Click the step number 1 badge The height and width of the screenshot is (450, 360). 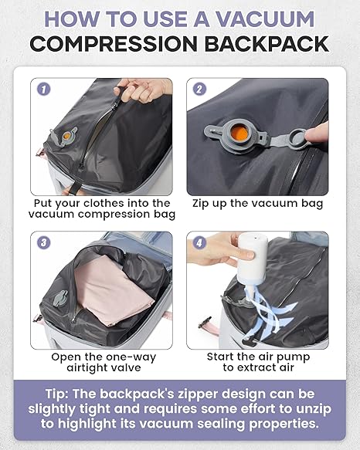click(44, 90)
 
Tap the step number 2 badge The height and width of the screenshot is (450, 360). click(199, 90)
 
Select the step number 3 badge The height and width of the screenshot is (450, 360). click(44, 243)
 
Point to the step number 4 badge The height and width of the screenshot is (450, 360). click(199, 243)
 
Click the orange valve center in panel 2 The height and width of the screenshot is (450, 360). click(239, 134)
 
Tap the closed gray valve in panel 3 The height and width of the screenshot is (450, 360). click(59, 298)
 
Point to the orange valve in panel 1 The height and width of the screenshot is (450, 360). click(66, 135)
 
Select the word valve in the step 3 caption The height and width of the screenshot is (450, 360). click(127, 367)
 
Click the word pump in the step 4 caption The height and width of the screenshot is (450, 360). click(295, 357)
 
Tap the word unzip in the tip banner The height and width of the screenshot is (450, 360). click(314, 408)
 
